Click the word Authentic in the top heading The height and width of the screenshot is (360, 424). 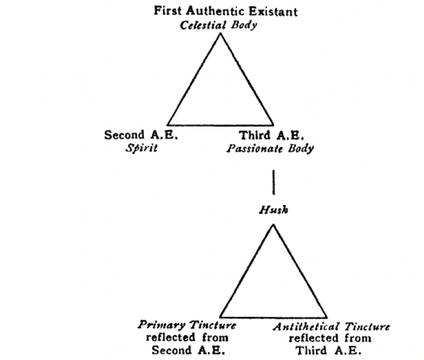pyautogui.click(x=215, y=11)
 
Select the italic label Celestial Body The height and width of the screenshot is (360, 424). pyautogui.click(x=218, y=25)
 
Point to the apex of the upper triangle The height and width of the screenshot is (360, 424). pyautogui.click(x=221, y=33)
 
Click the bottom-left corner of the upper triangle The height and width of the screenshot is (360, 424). pyautogui.click(x=168, y=125)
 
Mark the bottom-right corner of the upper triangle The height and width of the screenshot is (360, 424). pyautogui.click(x=273, y=125)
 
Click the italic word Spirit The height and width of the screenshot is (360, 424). pyautogui.click(x=141, y=148)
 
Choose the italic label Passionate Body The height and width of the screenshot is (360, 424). pyautogui.click(x=270, y=148)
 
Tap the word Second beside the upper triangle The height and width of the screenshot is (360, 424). pyautogui.click(x=125, y=135)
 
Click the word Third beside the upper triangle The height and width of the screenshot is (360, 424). pyautogui.click(x=254, y=135)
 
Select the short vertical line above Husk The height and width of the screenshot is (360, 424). pyautogui.click(x=274, y=182)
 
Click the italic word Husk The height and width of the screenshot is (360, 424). pyautogui.click(x=274, y=210)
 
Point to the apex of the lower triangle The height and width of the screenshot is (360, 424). pyautogui.click(x=273, y=224)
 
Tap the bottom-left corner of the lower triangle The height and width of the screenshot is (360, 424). pyautogui.click(x=220, y=317)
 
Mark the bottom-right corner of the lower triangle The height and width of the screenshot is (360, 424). pyautogui.click(x=327, y=317)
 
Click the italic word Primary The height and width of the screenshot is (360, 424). pyautogui.click(x=162, y=325)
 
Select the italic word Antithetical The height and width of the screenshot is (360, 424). pyautogui.click(x=306, y=327)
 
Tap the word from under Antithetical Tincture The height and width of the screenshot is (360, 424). pyautogui.click(x=358, y=338)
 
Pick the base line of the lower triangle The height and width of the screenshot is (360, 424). pyautogui.click(x=274, y=317)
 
